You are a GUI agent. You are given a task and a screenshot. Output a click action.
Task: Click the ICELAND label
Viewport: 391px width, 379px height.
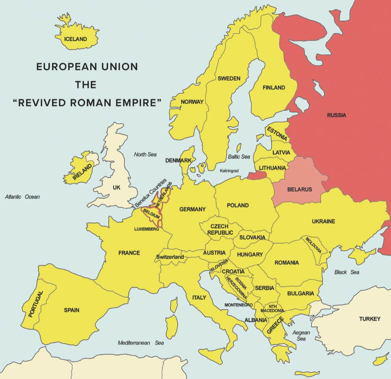tap(76, 39)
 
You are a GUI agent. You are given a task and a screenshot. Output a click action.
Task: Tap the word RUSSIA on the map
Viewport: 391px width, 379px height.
tap(336, 115)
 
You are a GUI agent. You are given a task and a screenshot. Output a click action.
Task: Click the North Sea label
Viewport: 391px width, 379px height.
tap(145, 154)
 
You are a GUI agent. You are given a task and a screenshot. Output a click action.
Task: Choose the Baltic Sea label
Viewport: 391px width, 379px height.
tap(239, 157)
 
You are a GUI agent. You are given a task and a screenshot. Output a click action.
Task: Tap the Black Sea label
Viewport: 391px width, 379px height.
tap(346, 272)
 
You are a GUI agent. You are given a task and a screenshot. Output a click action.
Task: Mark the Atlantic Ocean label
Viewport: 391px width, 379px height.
tap(22, 197)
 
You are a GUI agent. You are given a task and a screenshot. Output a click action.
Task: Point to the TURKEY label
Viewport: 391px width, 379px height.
tap(369, 319)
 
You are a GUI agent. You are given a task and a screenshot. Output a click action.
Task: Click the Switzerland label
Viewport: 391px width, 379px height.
tap(170, 257)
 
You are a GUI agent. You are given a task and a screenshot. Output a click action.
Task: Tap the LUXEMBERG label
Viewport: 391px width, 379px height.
tap(146, 229)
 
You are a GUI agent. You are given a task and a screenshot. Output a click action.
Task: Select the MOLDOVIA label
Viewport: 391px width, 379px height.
tap(313, 245)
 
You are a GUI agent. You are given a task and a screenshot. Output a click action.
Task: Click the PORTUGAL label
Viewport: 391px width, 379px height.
tap(35, 304)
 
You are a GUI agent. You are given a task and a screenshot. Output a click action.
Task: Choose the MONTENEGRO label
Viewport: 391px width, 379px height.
tap(238, 305)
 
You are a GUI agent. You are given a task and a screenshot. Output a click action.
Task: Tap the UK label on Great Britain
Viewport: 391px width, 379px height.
tap(116, 187)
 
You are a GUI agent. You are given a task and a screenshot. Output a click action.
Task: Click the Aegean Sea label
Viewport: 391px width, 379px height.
tap(301, 336)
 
